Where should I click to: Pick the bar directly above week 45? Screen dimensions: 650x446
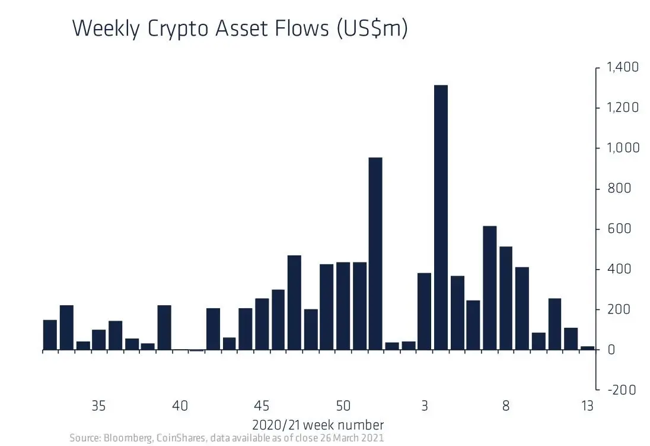coord(262,324)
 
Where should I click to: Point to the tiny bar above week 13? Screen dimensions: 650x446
coord(587,349)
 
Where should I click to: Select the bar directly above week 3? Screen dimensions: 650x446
coord(424,311)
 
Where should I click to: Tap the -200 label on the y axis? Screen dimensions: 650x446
coord(620,390)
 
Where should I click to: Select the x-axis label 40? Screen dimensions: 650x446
coord(180,406)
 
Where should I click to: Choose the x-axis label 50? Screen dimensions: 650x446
coord(343,406)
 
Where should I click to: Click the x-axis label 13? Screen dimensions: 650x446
coord(587,406)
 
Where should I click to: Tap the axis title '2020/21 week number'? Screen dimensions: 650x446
coord(317,425)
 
